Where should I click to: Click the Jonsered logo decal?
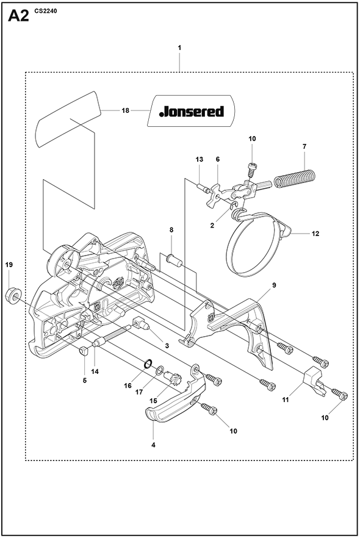tap(192, 111)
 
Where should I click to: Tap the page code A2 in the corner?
tap(18, 16)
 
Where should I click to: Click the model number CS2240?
tap(46, 11)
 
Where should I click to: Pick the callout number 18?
tap(126, 110)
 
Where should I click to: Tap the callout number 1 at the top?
tap(179, 48)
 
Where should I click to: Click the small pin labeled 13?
tap(202, 187)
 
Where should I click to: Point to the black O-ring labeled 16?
tap(148, 364)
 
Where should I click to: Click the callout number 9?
tap(274, 285)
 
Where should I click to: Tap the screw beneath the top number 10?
tap(251, 169)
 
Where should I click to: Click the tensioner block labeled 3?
tap(141, 323)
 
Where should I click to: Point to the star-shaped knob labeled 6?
tap(215, 195)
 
